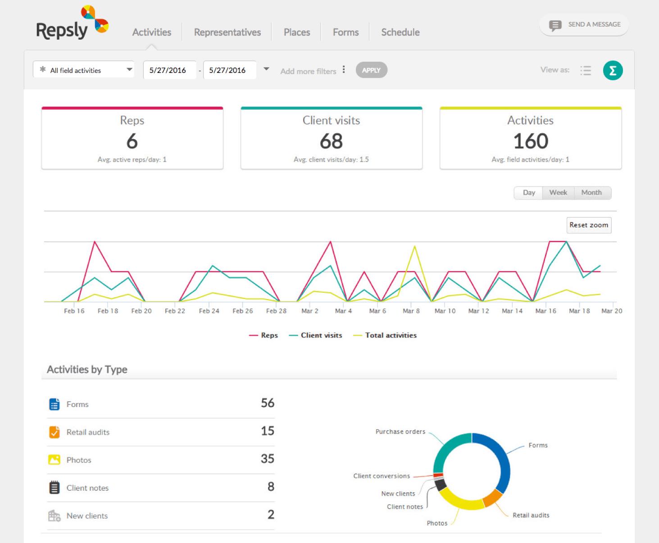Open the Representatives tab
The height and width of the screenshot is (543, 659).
tap(227, 32)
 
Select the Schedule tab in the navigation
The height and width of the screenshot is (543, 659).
tap(400, 32)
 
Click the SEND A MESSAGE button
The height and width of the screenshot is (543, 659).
tap(584, 25)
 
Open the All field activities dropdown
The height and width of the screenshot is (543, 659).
tap(84, 70)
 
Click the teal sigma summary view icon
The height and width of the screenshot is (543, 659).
tap(613, 70)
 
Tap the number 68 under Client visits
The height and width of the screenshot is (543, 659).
tap(331, 141)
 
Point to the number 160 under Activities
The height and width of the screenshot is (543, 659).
tap(531, 141)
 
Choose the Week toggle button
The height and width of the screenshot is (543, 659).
tap(558, 193)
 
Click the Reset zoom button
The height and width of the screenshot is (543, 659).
tap(588, 225)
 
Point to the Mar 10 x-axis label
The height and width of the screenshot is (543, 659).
tap(445, 311)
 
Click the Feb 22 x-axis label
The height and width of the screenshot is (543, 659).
tap(175, 311)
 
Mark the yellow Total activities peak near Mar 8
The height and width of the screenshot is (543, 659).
tap(414, 246)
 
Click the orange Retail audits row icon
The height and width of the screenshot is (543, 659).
tap(54, 432)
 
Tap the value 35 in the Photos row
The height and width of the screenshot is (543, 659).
tap(268, 459)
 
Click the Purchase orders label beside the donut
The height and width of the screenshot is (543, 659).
tap(400, 432)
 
